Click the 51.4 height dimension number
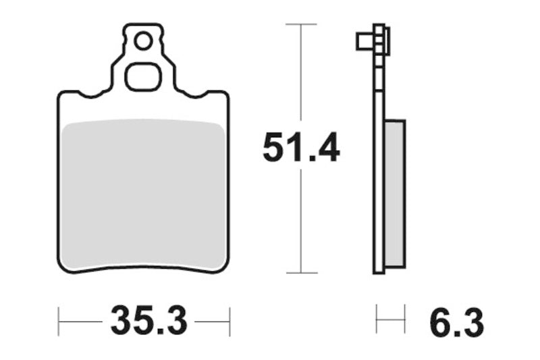point(300,148)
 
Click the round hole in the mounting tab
point(143,42)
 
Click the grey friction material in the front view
point(143,192)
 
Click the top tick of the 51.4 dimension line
point(301,24)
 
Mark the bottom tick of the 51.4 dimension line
point(301,273)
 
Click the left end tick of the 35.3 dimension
point(59,321)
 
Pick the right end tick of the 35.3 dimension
point(230,321)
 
